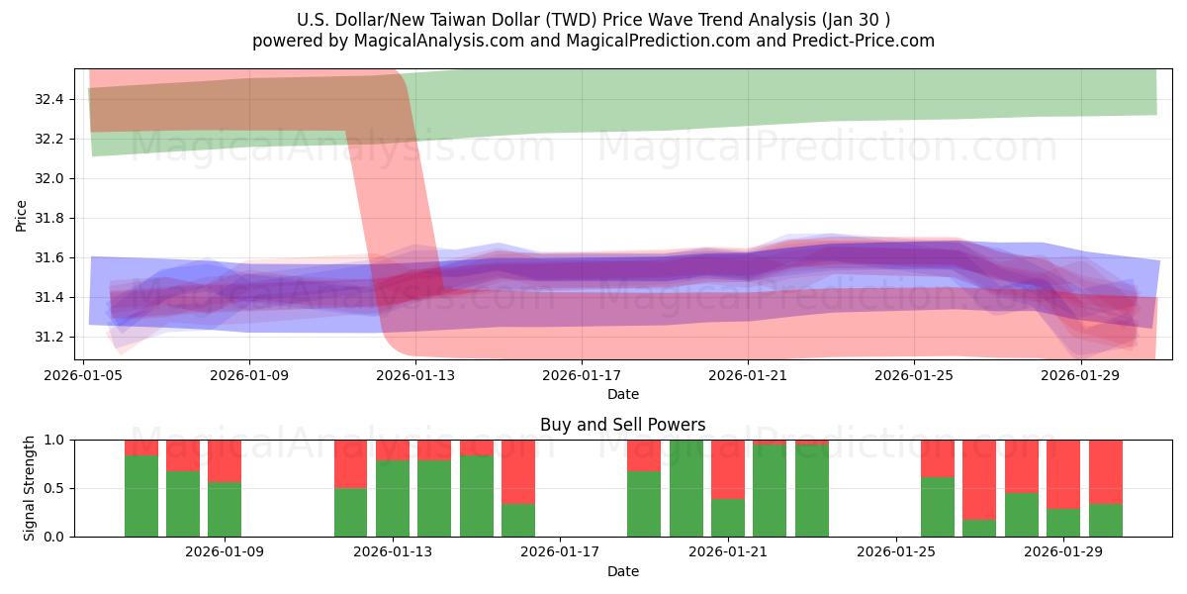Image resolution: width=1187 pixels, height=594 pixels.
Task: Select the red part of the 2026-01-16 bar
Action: point(518,471)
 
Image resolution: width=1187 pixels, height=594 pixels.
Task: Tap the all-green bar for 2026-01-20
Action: point(685,488)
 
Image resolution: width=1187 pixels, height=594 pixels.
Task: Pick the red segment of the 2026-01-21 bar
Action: point(728,469)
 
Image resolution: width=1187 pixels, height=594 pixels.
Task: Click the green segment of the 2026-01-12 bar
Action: point(350,512)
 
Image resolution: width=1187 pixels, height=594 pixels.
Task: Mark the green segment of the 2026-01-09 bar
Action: point(225,509)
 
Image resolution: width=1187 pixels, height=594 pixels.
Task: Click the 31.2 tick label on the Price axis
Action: point(48,337)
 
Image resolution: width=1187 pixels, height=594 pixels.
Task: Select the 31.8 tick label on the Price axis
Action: point(48,218)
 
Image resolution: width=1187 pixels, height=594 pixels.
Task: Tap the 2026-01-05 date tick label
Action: point(83,375)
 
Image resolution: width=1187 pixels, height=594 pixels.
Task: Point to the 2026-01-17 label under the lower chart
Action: point(561,552)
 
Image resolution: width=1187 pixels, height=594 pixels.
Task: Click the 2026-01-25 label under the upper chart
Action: point(913,375)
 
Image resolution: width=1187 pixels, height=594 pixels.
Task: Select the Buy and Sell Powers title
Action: point(623,425)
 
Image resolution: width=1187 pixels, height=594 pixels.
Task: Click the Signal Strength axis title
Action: point(30,488)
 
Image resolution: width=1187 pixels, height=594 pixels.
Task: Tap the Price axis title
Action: point(22,215)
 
